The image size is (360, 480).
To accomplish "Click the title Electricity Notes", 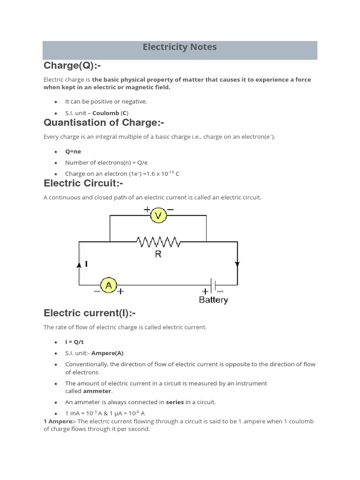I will coord(180,47).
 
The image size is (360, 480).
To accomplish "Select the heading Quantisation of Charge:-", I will coord(104,123).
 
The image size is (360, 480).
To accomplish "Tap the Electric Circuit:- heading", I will coord(83,183).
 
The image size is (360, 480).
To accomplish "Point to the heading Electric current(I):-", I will coord(90,313).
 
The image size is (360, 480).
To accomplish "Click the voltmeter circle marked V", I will coord(158,215).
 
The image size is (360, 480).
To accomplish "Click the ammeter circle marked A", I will coord(109,285).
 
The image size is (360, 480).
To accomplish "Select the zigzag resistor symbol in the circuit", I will coord(158,242).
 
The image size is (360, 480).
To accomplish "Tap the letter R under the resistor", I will coord(158,255).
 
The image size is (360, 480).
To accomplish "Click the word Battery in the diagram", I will coord(213,300).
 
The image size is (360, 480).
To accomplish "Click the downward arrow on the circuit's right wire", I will coord(237,264).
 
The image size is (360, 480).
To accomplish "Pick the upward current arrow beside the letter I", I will coord(79,265).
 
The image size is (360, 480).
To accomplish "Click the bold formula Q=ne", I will coord(73,151).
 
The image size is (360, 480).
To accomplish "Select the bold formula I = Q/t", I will coord(75,342).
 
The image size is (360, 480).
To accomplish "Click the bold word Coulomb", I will coord(106,113).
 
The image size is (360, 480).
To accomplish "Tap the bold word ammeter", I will coord(97,391).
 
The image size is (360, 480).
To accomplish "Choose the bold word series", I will coord(175,402).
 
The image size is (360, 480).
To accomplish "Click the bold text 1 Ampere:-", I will coord(60,421).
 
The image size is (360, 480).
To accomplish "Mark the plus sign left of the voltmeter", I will coord(147,209).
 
